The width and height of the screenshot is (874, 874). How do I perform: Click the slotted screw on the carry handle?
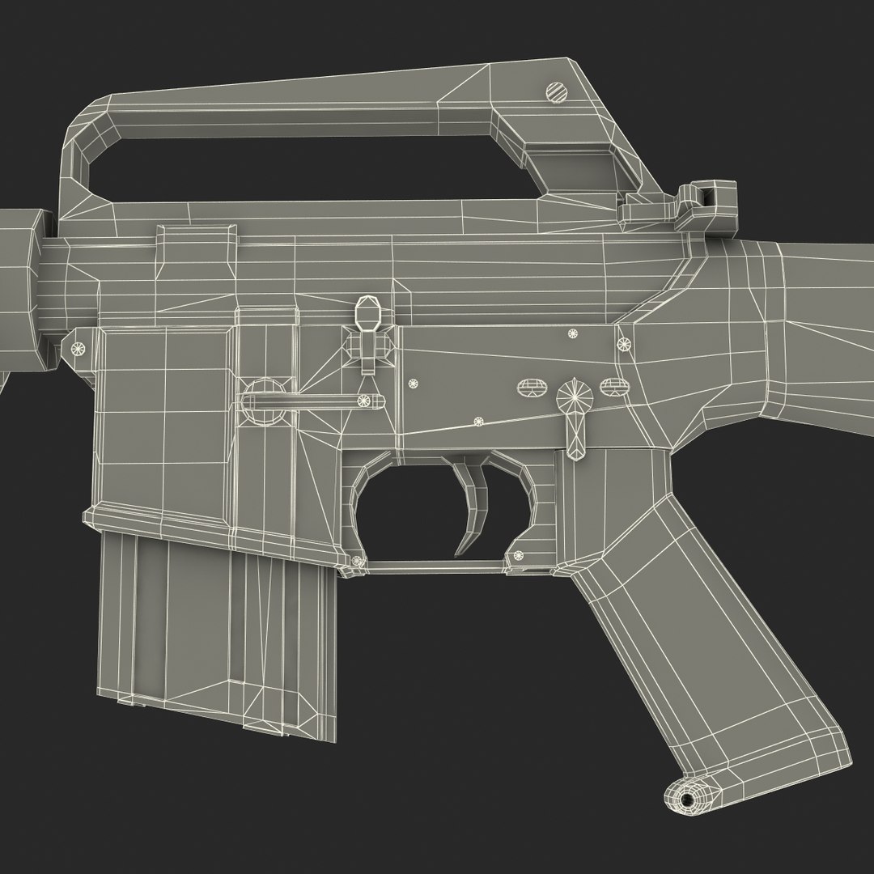[x=558, y=91]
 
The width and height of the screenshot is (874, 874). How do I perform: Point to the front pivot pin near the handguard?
[x=79, y=348]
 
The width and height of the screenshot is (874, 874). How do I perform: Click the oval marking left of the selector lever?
[x=531, y=388]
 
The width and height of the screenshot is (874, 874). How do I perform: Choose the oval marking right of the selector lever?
[x=613, y=385]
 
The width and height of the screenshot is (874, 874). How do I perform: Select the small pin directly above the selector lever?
[x=574, y=333]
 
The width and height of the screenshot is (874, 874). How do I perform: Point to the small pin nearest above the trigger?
[x=477, y=421]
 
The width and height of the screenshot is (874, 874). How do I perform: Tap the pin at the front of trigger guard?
[x=357, y=561]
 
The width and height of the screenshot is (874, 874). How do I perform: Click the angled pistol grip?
[x=696, y=647]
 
